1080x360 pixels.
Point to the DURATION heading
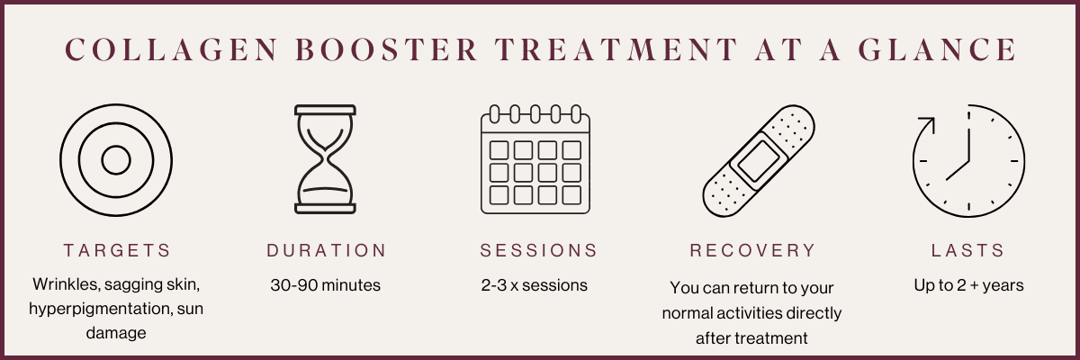tap(326, 250)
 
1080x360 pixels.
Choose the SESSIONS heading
tap(538, 250)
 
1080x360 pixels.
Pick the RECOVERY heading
tap(752, 250)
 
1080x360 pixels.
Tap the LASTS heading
tap(967, 250)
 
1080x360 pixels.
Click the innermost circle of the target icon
tap(115, 160)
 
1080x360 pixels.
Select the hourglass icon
tap(326, 160)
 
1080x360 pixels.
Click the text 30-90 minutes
tap(326, 285)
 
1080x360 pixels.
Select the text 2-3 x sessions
tap(535, 285)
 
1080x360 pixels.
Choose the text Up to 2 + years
tap(967, 285)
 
